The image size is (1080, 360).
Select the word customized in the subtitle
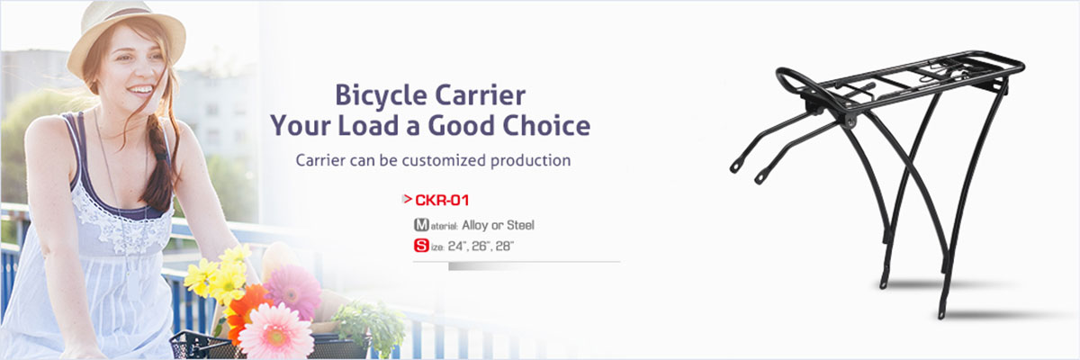[444, 160]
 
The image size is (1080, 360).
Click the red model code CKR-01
[442, 200]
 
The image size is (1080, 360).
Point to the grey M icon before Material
[421, 225]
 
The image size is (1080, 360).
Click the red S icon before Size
[421, 246]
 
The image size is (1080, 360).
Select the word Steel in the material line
[520, 225]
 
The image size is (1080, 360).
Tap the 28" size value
[504, 246]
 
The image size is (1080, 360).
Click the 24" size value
[456, 246]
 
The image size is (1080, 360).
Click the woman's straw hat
[126, 36]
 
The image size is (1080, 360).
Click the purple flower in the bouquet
[293, 291]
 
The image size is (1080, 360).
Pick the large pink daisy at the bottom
[275, 332]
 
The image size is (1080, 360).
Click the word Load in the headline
[368, 125]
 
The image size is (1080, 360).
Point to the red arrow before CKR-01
[407, 199]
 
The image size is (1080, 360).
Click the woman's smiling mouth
[140, 90]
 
